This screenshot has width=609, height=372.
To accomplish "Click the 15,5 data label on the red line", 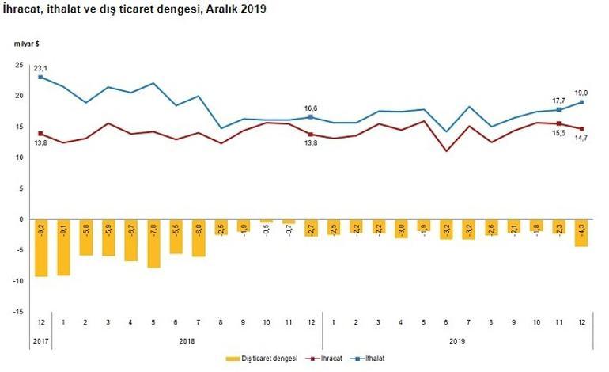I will pos(559,135).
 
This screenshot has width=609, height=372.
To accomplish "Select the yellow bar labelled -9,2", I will pos(40,248).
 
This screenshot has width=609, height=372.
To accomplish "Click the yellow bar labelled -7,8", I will pos(153,244).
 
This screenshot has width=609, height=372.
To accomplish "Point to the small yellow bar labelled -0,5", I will pos(266,221).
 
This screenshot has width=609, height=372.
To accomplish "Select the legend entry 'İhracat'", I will pos(331,359).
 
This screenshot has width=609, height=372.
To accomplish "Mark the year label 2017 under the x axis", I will pos(40,341).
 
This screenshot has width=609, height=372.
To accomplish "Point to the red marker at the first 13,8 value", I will pos(40,134).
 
